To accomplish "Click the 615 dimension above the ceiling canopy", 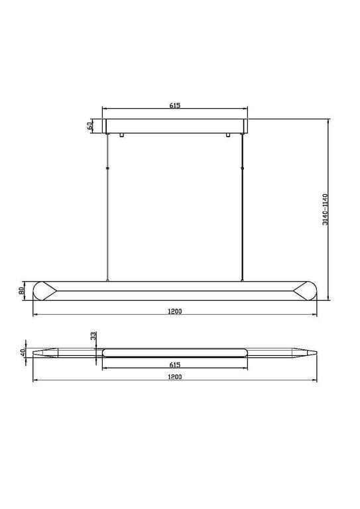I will pyautogui.click(x=175, y=105).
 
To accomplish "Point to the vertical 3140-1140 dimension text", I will pyautogui.click(x=325, y=210).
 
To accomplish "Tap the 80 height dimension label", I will pyautogui.click(x=22, y=290).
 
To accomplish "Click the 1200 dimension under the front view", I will pyautogui.click(x=175, y=310).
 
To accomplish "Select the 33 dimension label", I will pyautogui.click(x=94, y=337).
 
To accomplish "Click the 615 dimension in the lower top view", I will pyautogui.click(x=175, y=365).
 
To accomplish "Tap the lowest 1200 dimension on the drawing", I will pyautogui.click(x=175, y=376).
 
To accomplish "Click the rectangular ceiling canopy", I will pyautogui.click(x=175, y=125).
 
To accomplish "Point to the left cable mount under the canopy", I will pyautogui.click(x=121, y=135).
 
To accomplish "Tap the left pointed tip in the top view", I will pyautogui.click(x=38, y=352).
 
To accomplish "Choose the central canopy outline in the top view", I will pyautogui.click(x=175, y=351).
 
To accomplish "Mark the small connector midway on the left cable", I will pyautogui.click(x=109, y=170).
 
